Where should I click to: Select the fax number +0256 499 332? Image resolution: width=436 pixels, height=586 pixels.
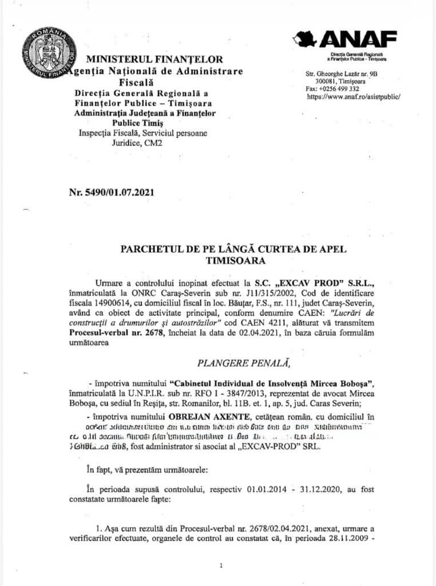pos(341,89)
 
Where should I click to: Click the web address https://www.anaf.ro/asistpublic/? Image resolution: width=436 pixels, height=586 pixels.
pos(354,97)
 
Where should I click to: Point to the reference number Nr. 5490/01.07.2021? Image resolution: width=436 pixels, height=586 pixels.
pos(111,192)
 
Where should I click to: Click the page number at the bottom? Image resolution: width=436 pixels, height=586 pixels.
pos(221,565)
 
